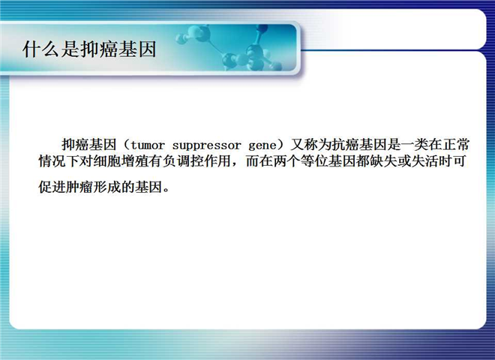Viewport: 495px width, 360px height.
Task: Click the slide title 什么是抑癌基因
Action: (89, 49)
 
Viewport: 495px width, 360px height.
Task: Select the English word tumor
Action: (148, 145)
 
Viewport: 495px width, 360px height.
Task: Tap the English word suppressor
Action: (206, 146)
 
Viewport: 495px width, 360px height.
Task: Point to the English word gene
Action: (262, 146)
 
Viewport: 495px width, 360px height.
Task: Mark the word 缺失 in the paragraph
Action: (383, 161)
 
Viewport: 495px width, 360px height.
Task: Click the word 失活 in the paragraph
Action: (424, 161)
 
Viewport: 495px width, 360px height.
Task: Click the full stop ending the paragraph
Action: (167, 190)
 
